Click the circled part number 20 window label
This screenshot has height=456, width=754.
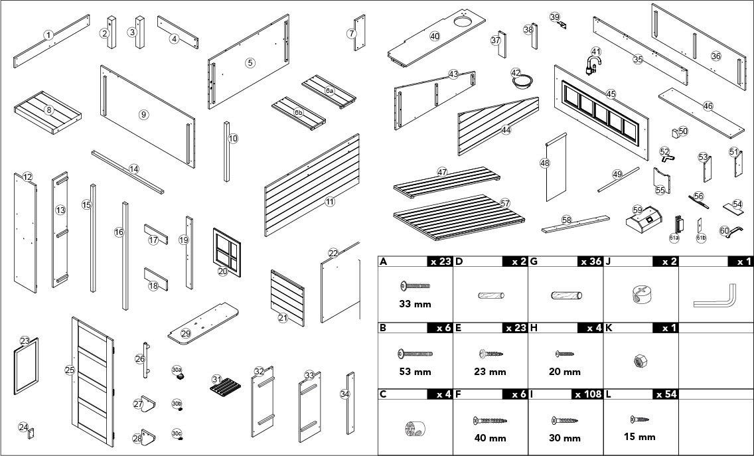click(222, 271)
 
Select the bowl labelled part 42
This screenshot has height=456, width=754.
click(524, 82)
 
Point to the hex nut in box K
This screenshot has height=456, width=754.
click(641, 361)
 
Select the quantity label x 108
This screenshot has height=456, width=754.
click(587, 394)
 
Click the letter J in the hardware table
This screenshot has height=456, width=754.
click(609, 262)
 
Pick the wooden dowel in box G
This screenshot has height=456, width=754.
click(566, 295)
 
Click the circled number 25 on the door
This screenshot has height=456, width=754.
click(70, 370)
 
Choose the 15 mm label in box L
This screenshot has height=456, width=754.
click(640, 437)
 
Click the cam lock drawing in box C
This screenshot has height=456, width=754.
click(414, 428)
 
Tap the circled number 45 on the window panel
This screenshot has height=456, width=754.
click(611, 94)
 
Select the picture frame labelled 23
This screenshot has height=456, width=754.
click(27, 366)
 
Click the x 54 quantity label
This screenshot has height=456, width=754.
click(666, 394)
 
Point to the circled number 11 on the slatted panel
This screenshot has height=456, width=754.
click(330, 201)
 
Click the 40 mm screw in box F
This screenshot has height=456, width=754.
click(490, 420)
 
